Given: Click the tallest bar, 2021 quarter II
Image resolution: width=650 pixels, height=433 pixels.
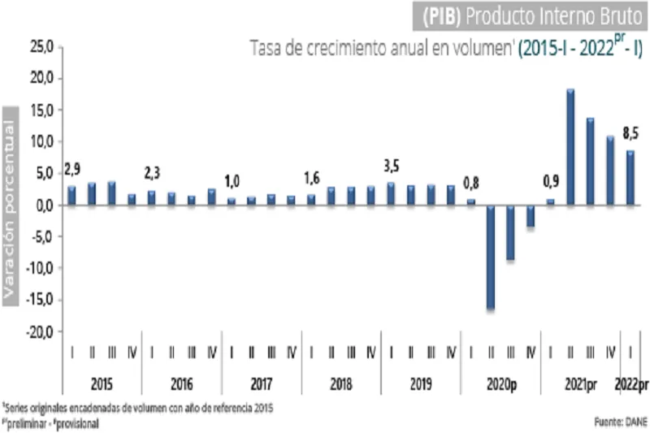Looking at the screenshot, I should coord(570,147).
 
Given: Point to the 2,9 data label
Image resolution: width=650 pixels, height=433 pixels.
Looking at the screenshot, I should coord(71,170).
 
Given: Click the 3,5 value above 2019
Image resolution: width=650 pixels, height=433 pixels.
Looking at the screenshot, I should coord(392,167).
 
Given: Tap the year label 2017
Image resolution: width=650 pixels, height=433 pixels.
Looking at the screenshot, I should coord(262,383).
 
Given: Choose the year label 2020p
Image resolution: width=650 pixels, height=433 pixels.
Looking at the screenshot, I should coord(500,383).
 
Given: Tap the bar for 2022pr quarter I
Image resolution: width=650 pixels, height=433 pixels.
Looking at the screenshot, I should coord(630,178).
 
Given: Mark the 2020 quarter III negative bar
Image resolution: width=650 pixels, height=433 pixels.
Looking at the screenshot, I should coord(510,232).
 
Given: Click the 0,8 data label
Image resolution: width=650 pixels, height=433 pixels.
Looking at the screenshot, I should coord(471,182).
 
